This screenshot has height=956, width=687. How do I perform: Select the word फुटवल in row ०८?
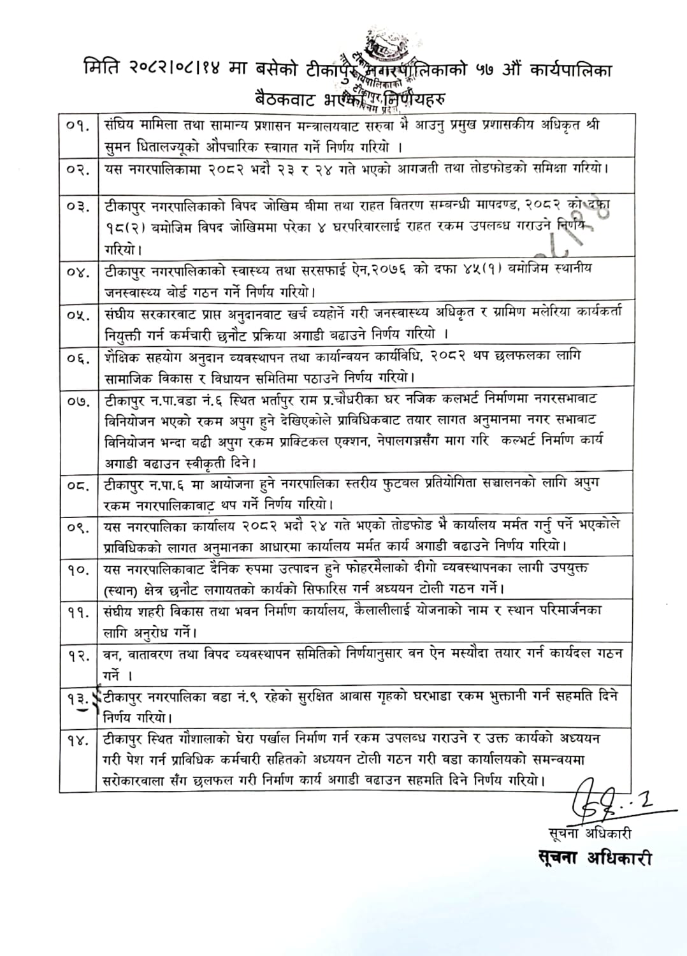point(398,484)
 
